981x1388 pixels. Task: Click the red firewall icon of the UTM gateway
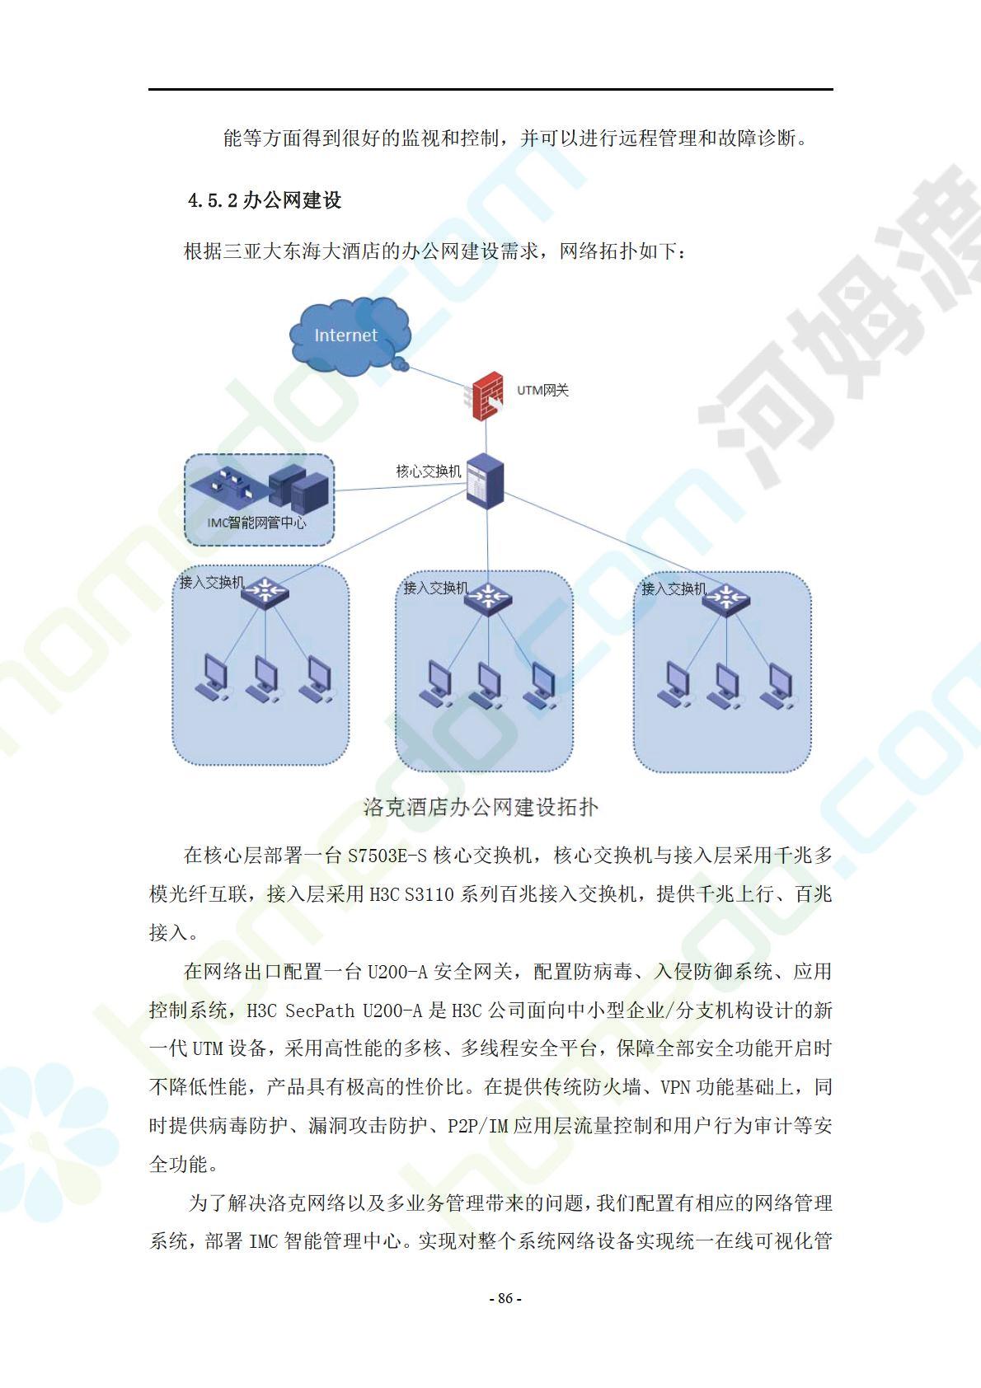pyautogui.click(x=486, y=396)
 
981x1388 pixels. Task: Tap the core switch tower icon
pyautogui.click(x=486, y=481)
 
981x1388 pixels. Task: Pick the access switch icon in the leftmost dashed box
pyautogui.click(x=265, y=593)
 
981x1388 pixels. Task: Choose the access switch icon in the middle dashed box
pyautogui.click(x=488, y=598)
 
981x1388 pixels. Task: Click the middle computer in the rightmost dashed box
pyautogui.click(x=725, y=686)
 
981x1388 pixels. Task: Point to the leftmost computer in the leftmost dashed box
pyautogui.click(x=213, y=678)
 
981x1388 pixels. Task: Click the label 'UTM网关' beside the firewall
pyautogui.click(x=543, y=391)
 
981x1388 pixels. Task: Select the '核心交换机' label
pyautogui.click(x=429, y=471)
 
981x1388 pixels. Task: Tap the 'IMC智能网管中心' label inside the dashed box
pyautogui.click(x=256, y=523)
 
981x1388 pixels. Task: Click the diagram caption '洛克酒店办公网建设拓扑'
pyautogui.click(x=481, y=808)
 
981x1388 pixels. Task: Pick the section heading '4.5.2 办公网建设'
pyautogui.click(x=265, y=200)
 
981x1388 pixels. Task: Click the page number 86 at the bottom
pyautogui.click(x=505, y=1298)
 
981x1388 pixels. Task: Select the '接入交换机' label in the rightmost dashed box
pyautogui.click(x=674, y=588)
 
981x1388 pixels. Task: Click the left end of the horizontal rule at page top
pyautogui.click(x=148, y=90)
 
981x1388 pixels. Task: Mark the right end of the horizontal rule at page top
pyautogui.click(x=833, y=90)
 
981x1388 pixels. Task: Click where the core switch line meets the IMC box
pyautogui.click(x=335, y=490)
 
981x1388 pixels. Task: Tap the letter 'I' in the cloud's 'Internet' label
pyautogui.click(x=317, y=335)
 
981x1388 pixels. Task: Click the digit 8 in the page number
pyautogui.click(x=501, y=1298)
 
